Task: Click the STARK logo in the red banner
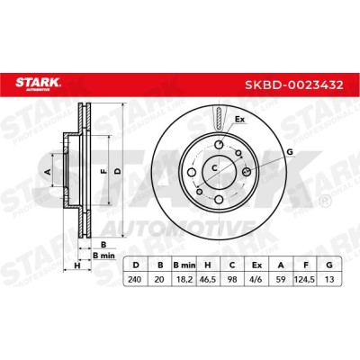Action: click(38, 84)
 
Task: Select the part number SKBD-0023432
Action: click(294, 85)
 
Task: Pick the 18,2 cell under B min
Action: click(184, 280)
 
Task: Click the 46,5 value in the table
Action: click(208, 280)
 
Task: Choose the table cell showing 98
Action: click(232, 280)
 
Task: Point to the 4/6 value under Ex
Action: click(256, 280)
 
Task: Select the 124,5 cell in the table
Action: click(305, 280)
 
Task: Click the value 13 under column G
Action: click(329, 280)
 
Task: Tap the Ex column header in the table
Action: click(256, 265)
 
